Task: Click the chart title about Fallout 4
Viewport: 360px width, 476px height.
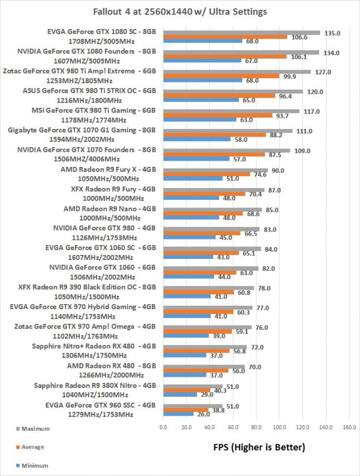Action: pyautogui.click(x=179, y=11)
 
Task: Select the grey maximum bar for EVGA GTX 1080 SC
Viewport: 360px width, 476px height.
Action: pyautogui.click(x=241, y=32)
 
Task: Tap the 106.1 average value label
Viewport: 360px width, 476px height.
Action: pyautogui.click(x=297, y=56)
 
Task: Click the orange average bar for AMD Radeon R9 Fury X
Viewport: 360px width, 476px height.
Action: pyautogui.click(x=207, y=174)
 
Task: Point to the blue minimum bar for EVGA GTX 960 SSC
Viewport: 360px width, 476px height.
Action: pyautogui.click(x=178, y=415)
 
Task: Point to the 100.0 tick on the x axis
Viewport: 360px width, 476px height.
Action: pyautogui.click(x=280, y=428)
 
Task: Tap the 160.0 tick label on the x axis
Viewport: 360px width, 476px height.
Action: pyautogui.click(x=349, y=428)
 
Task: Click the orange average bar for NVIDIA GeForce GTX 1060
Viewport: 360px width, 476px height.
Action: pyautogui.click(x=200, y=272)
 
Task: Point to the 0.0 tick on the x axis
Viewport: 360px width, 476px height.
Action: pyautogui.click(x=164, y=428)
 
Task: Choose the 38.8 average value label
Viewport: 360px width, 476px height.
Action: pyautogui.click(x=219, y=410)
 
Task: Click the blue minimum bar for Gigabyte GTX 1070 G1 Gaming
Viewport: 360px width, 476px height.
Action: pyautogui.click(x=196, y=140)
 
